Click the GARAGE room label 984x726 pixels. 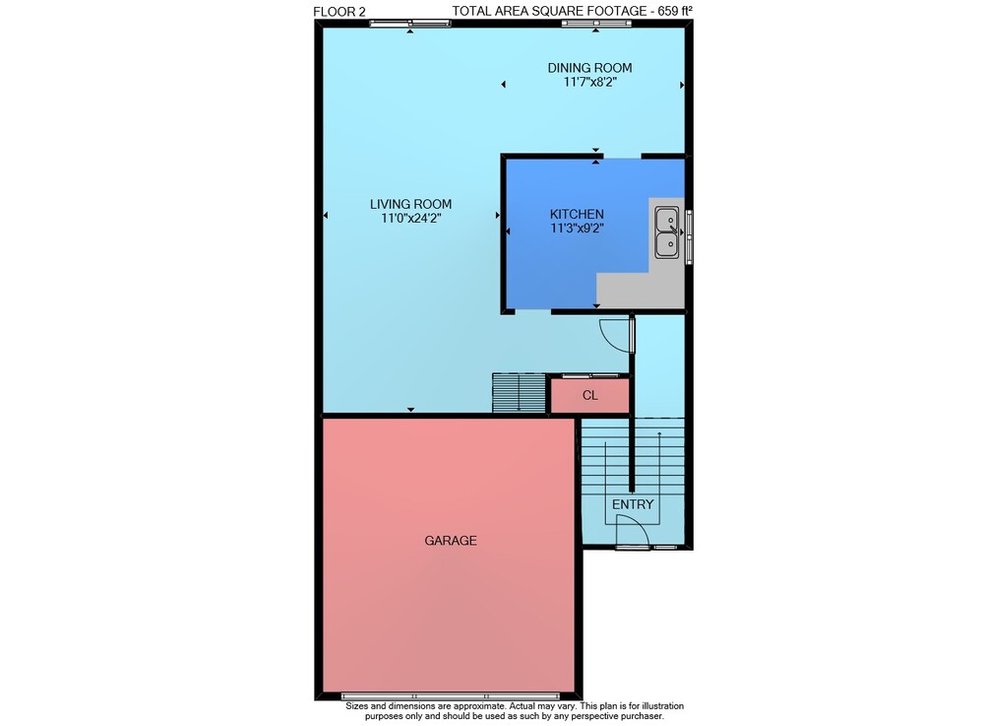(x=451, y=540)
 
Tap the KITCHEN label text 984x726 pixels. (x=577, y=214)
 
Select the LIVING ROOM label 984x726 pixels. (x=410, y=204)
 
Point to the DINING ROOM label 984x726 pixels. (x=589, y=68)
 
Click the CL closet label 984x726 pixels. (x=589, y=395)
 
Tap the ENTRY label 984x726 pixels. (x=633, y=504)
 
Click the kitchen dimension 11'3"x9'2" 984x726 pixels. (x=577, y=229)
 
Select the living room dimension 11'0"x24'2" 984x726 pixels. (x=411, y=219)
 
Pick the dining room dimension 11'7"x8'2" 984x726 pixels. (x=589, y=82)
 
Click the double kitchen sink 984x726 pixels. (x=667, y=232)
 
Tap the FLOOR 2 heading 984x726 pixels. (x=338, y=11)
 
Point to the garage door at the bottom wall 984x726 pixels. (x=450, y=695)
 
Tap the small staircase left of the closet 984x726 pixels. (x=519, y=393)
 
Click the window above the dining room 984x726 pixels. (x=596, y=24)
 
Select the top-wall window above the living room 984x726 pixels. (x=409, y=24)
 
